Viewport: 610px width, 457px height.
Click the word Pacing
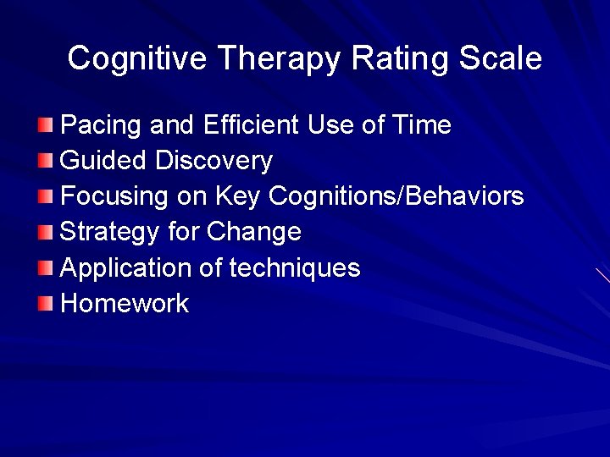[x=102, y=126]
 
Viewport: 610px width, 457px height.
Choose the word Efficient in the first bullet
[x=251, y=125]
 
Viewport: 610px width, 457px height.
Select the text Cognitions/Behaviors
[x=396, y=196]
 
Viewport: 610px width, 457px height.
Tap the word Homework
[x=125, y=304]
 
